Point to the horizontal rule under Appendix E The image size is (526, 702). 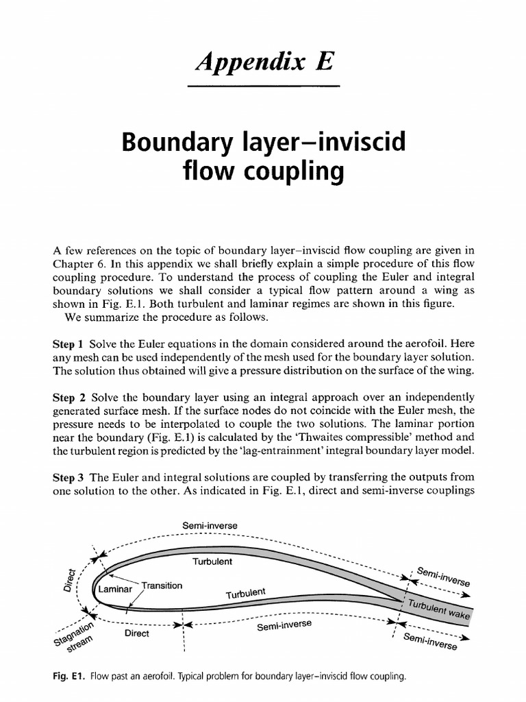pos(264,86)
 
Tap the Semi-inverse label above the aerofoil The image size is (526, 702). pos(210,525)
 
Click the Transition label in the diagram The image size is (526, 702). pos(162,585)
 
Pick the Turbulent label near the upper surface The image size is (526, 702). pos(212,561)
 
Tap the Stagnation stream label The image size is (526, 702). pos(73,634)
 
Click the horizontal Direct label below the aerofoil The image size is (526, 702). pos(136,633)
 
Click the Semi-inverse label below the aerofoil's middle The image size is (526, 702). pos(284,626)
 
